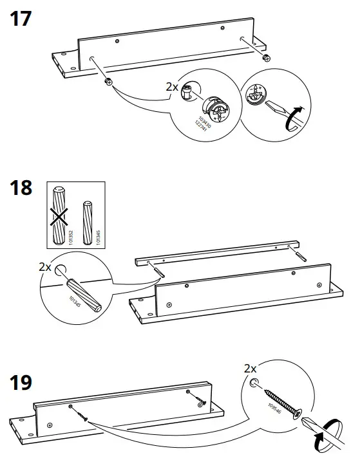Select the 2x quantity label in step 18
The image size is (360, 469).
click(x=45, y=266)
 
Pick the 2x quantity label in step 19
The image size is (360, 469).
click(x=251, y=369)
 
